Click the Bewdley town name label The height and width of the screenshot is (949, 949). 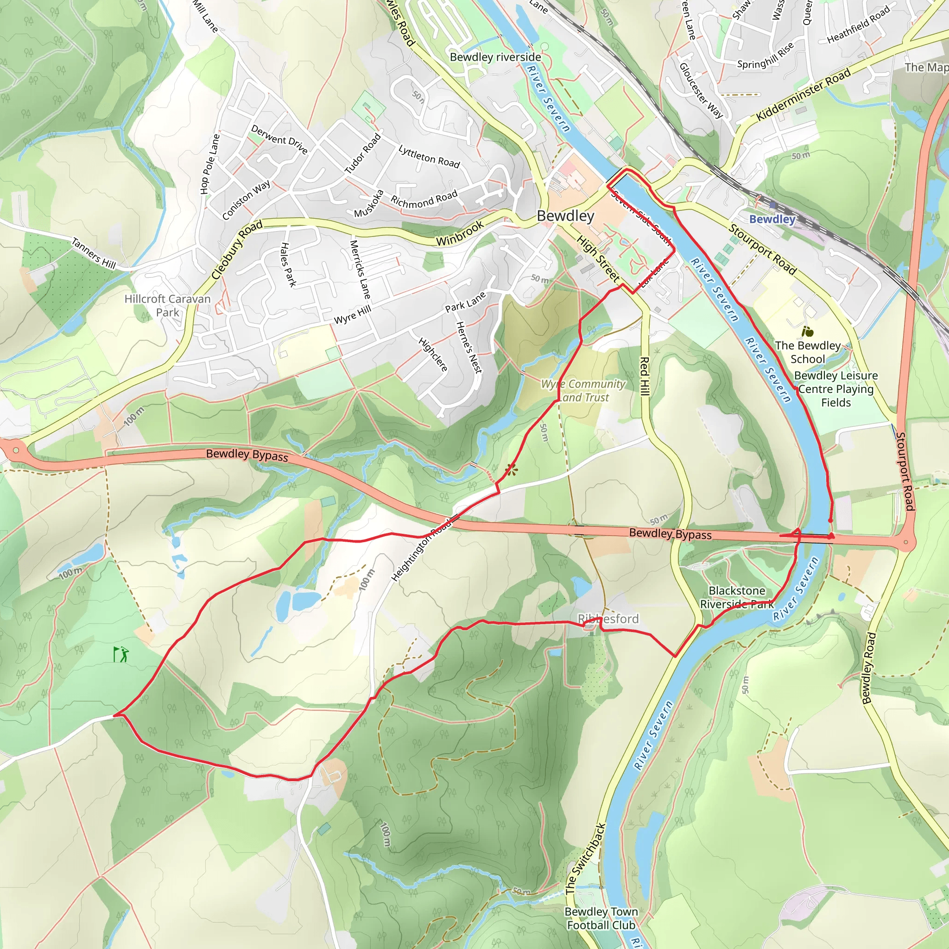(565, 216)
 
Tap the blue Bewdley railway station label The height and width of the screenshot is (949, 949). (772, 219)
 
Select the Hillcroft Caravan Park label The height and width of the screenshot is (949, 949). (167, 305)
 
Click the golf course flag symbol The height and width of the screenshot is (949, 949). (120, 654)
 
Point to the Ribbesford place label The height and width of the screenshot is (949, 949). (608, 619)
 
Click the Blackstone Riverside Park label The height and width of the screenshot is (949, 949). (737, 597)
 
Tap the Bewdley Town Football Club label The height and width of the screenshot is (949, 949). (601, 918)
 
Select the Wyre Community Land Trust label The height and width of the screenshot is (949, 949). (583, 391)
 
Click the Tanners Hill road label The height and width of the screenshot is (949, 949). (94, 253)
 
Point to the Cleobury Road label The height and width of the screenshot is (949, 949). (237, 250)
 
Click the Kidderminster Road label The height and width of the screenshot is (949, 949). (803, 95)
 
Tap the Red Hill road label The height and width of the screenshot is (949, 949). (645, 376)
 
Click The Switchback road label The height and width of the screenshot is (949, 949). (586, 859)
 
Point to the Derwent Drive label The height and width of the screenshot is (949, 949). (279, 139)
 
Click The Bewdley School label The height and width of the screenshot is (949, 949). (808, 352)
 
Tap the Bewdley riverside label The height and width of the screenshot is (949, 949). (495, 57)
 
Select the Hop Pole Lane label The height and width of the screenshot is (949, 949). (210, 164)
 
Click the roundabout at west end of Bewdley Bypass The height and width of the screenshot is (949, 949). (16, 450)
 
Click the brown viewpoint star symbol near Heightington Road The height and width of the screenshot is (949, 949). (511, 471)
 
